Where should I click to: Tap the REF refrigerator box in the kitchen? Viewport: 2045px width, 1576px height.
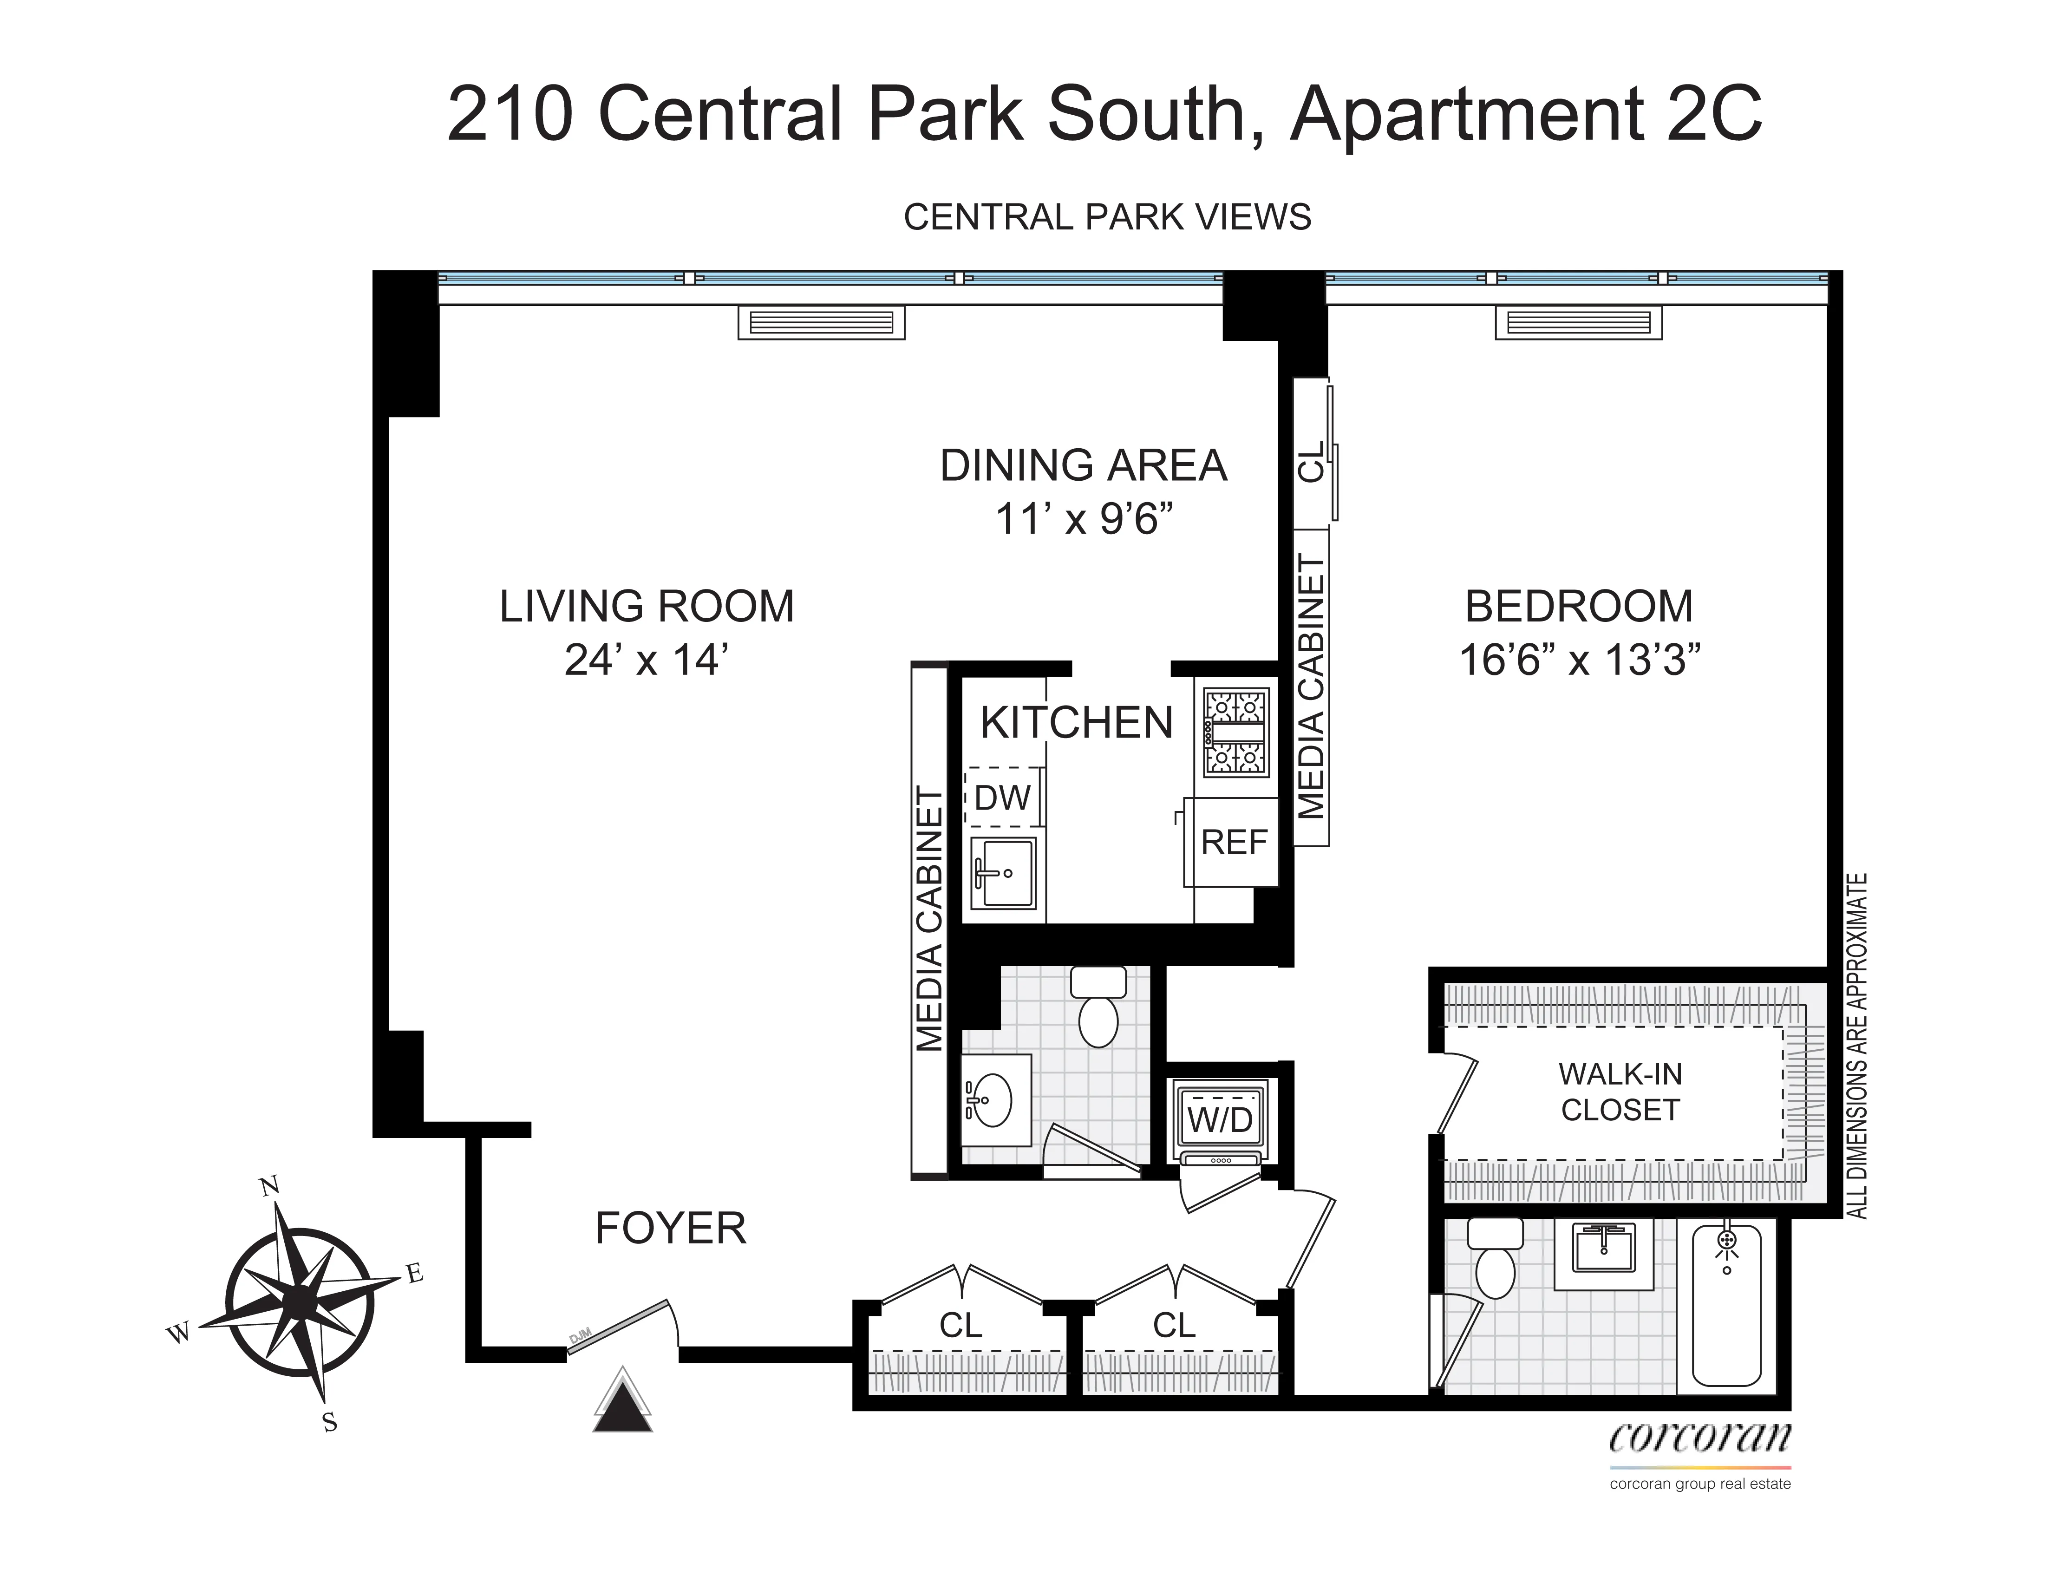pyautogui.click(x=1233, y=843)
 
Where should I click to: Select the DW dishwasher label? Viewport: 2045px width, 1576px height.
pyautogui.click(x=1002, y=798)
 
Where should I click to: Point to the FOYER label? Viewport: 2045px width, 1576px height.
pyautogui.click(x=670, y=1229)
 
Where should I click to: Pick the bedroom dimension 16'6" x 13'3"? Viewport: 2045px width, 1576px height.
pyautogui.click(x=1579, y=660)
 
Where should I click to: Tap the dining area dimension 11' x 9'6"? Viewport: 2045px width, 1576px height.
pyautogui.click(x=1084, y=519)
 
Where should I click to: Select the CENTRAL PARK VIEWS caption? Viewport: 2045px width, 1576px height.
pyautogui.click(x=1107, y=217)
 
